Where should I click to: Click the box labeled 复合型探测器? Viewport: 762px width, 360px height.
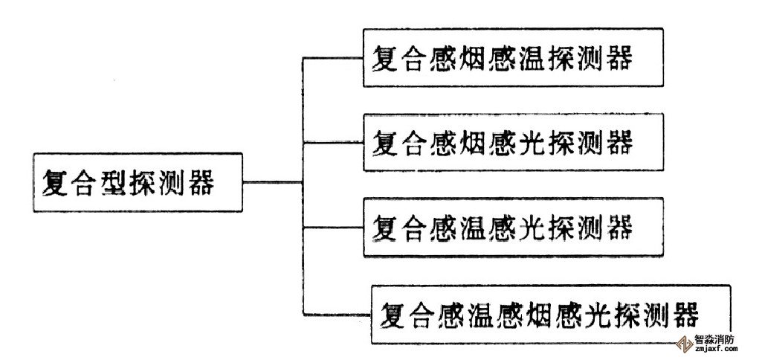click(x=138, y=182)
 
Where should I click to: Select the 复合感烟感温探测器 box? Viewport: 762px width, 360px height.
click(x=513, y=58)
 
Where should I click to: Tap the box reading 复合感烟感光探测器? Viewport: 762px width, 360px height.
click(x=513, y=142)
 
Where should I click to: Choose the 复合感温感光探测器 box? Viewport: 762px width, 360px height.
click(x=513, y=226)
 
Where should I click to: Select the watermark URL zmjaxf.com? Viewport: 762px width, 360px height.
click(x=714, y=350)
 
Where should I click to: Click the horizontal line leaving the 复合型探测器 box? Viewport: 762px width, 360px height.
click(x=272, y=182)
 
